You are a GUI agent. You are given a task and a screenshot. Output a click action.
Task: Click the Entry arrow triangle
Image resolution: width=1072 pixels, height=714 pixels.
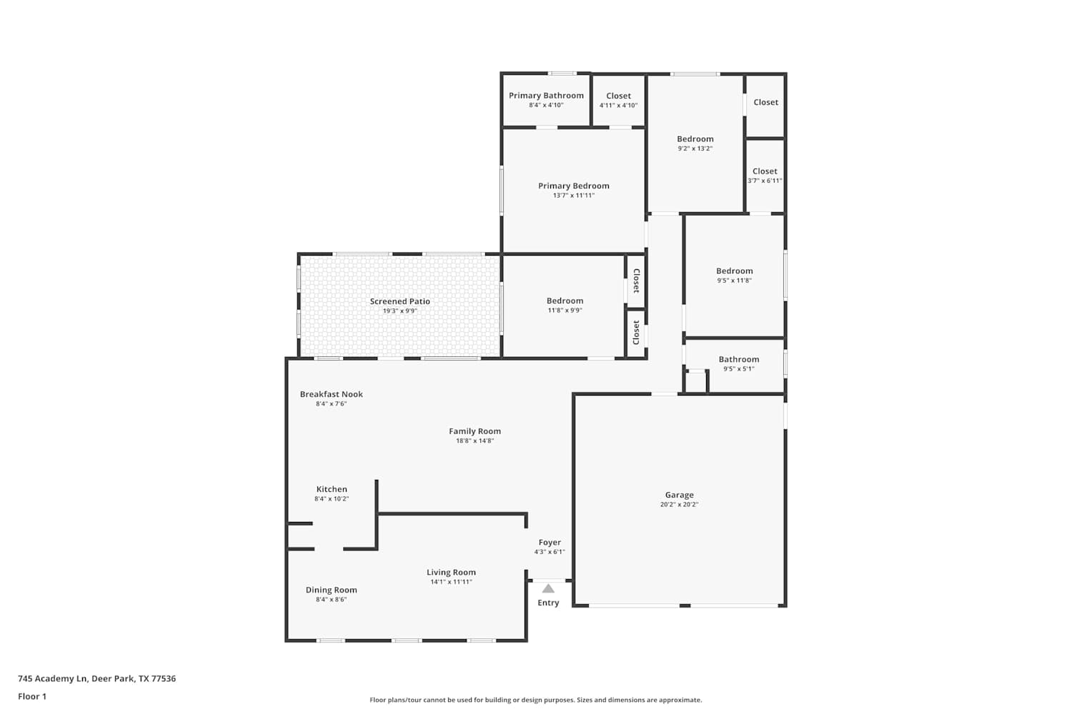pyautogui.click(x=548, y=588)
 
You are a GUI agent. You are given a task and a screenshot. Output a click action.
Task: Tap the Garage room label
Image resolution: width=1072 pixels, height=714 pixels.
pyautogui.click(x=679, y=495)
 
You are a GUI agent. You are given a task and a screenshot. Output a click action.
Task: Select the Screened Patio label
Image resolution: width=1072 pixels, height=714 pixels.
pyautogui.click(x=399, y=301)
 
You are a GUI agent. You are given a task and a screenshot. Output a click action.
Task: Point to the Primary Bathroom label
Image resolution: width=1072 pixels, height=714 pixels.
pyautogui.click(x=546, y=96)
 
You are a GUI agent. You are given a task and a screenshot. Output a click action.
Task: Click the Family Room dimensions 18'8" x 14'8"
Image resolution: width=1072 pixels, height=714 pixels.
pyautogui.click(x=475, y=441)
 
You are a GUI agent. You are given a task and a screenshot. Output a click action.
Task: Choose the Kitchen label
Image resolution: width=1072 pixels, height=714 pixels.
pyautogui.click(x=332, y=489)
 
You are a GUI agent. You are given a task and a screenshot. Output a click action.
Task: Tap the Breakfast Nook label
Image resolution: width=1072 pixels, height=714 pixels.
pyautogui.click(x=331, y=394)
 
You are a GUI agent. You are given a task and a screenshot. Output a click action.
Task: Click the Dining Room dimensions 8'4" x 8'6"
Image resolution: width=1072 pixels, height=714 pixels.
pyautogui.click(x=331, y=600)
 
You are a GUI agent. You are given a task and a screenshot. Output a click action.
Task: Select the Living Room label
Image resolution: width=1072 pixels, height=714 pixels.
pyautogui.click(x=451, y=573)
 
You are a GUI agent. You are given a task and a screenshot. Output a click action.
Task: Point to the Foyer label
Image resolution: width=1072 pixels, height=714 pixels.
pyautogui.click(x=550, y=543)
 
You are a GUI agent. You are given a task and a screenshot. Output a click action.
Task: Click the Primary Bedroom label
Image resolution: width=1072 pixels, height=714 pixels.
pyautogui.click(x=574, y=186)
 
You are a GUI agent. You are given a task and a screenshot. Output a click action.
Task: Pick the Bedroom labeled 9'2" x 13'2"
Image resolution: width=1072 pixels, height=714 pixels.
pyautogui.click(x=695, y=139)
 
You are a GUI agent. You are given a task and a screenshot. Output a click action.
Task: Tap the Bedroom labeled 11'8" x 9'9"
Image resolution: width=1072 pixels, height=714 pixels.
pyautogui.click(x=565, y=301)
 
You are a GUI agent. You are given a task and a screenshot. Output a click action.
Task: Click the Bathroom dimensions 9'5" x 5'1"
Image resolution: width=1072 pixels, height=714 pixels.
pyautogui.click(x=739, y=368)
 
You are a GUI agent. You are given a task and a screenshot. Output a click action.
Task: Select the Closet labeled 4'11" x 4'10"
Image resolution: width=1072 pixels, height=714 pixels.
pyautogui.click(x=618, y=96)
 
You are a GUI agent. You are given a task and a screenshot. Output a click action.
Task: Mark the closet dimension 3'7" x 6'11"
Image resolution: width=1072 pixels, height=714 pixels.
pyautogui.click(x=765, y=181)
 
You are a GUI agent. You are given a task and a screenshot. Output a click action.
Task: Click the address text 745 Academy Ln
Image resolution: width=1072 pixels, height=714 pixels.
pyautogui.click(x=53, y=678)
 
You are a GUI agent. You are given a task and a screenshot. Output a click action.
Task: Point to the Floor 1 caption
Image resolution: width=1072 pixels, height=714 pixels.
pyautogui.click(x=32, y=696)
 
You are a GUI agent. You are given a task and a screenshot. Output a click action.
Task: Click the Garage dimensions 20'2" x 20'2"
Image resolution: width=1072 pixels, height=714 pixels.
pyautogui.click(x=679, y=505)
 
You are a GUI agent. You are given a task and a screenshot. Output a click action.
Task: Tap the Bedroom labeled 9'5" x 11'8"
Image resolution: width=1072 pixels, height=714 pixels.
pyautogui.click(x=734, y=271)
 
